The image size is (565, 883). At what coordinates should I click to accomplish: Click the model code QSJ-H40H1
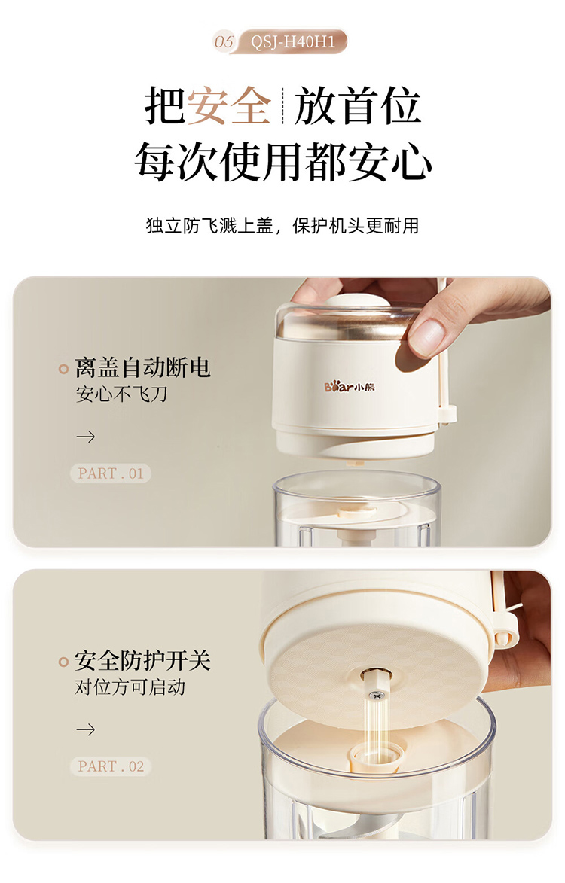click(x=292, y=41)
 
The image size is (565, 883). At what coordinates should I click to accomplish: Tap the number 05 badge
click(x=224, y=41)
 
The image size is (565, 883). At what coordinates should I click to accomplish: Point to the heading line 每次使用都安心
click(x=282, y=162)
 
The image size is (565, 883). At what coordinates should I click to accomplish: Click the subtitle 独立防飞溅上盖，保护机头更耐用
click(x=282, y=226)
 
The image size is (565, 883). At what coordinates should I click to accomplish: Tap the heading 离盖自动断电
click(x=142, y=368)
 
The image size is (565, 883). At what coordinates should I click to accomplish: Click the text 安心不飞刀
click(x=122, y=394)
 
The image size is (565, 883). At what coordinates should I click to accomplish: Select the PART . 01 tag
click(x=111, y=473)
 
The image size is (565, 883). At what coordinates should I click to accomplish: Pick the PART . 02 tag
click(x=111, y=766)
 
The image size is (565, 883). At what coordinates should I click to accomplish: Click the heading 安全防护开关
click(x=142, y=661)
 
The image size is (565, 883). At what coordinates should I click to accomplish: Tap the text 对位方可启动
click(x=130, y=687)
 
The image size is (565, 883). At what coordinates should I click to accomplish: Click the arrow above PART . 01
click(x=86, y=437)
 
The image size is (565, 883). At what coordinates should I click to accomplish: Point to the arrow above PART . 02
click(x=86, y=730)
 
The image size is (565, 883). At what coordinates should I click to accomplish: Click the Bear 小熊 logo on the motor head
click(x=350, y=387)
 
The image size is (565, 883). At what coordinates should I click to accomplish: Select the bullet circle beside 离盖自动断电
click(x=63, y=369)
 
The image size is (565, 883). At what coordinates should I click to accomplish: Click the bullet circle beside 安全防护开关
click(x=63, y=662)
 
